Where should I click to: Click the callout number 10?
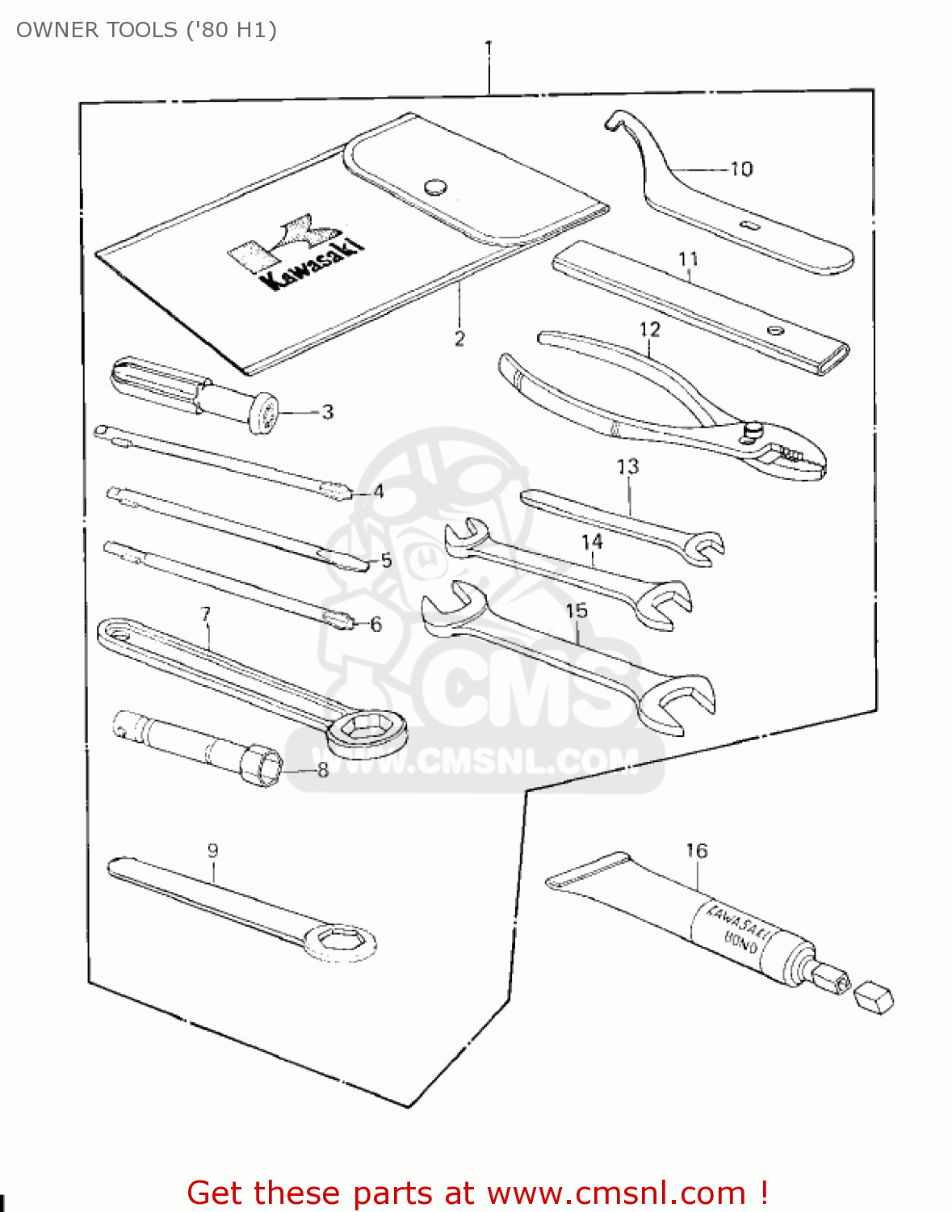(x=741, y=169)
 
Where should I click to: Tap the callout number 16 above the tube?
(x=696, y=851)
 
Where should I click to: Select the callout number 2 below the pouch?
(x=459, y=339)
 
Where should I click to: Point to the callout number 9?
(x=212, y=850)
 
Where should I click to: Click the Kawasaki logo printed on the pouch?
(x=296, y=250)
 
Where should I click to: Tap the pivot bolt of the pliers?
(x=753, y=431)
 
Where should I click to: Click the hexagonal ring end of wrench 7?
(x=365, y=727)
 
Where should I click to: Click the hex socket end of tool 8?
(x=261, y=764)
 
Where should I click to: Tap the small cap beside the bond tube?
(x=874, y=997)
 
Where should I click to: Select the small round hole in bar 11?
(x=774, y=330)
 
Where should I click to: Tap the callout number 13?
(x=627, y=466)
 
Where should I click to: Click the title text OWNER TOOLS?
(x=97, y=30)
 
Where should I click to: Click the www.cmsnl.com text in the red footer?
(x=617, y=1193)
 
